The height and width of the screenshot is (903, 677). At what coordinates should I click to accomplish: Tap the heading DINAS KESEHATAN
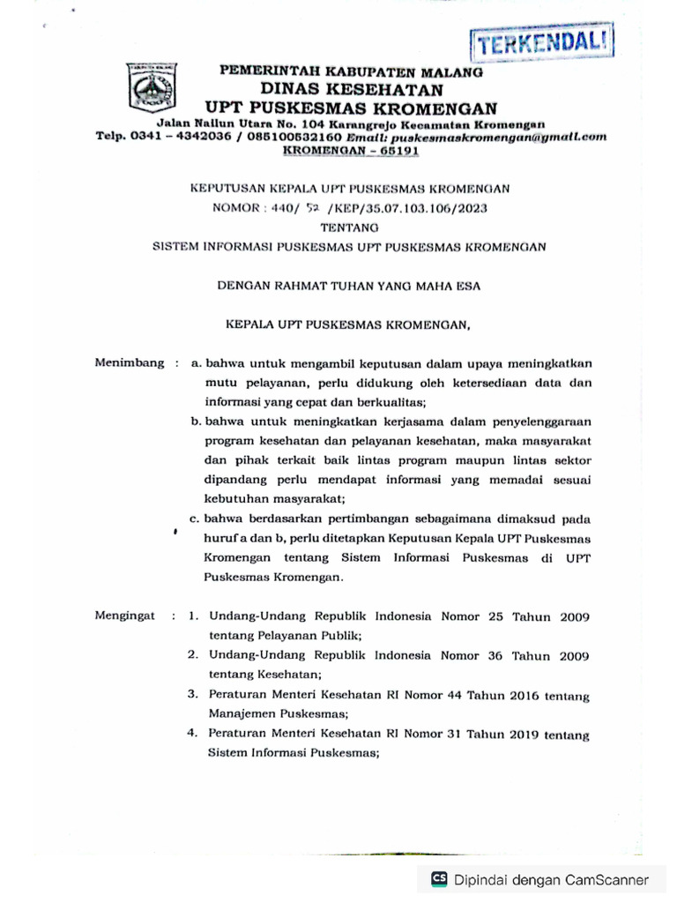[x=351, y=90]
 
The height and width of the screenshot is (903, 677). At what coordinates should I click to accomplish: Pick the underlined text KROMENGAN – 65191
[x=351, y=150]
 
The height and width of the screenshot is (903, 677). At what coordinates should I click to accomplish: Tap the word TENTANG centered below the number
[x=350, y=228]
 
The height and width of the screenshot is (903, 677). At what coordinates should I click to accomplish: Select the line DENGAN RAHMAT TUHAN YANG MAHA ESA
[x=350, y=285]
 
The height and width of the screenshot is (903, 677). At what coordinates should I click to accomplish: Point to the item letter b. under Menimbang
[x=197, y=422]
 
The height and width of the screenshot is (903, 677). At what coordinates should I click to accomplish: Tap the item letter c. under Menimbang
[x=197, y=519]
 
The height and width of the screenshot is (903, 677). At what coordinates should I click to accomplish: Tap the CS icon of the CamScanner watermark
[x=438, y=878]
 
